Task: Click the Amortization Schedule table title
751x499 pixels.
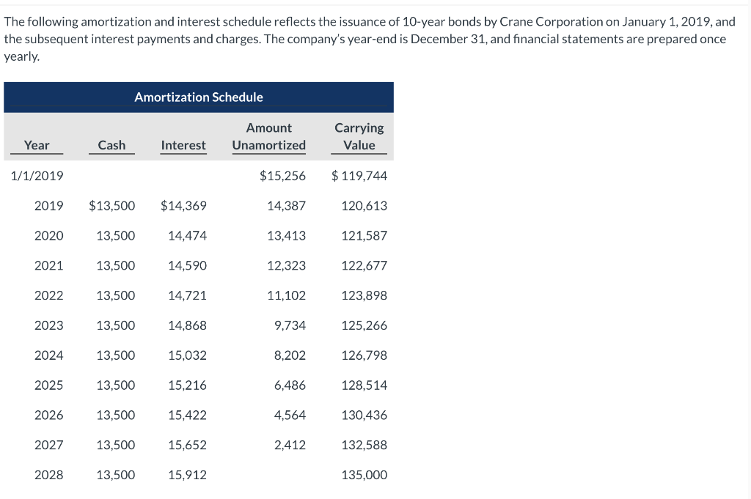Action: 198,97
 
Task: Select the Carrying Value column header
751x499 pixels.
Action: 359,136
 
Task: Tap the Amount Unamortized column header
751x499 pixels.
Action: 268,136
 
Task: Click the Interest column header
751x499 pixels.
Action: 183,145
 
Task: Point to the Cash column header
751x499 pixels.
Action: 111,145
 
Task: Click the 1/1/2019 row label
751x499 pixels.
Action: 37,176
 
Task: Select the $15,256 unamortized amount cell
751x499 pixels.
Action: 282,176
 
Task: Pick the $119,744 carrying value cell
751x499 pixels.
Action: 359,176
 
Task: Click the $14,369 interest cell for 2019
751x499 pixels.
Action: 183,206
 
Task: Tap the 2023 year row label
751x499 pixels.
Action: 48,325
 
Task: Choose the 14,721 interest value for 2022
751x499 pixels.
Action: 187,295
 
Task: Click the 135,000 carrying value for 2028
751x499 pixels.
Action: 364,475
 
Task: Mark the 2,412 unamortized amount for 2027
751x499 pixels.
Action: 290,445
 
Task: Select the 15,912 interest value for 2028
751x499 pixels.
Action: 187,475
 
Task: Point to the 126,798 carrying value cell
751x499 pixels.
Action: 364,355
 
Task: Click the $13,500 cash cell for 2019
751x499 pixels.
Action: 111,206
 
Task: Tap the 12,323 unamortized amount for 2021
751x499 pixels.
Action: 286,265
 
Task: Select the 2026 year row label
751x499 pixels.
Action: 48,415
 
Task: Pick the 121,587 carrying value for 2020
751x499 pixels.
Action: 364,236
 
